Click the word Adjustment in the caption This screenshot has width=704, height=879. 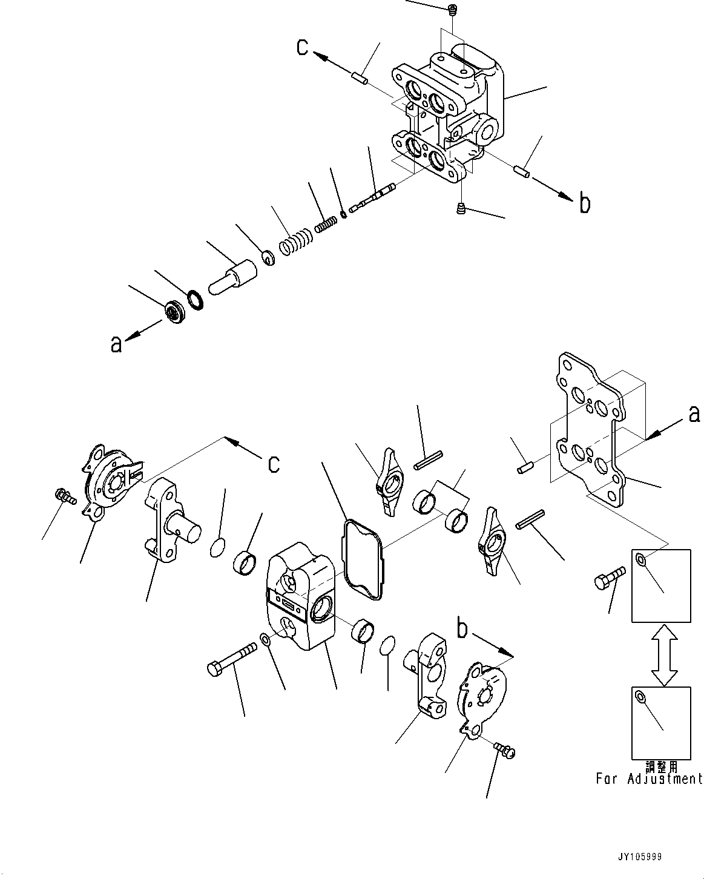(x=665, y=779)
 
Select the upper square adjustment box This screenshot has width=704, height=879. (x=661, y=585)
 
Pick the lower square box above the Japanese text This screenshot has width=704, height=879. (x=661, y=723)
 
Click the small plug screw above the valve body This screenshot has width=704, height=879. (x=452, y=9)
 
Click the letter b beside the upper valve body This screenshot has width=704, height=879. (x=584, y=204)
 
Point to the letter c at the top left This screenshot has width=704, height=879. (x=303, y=47)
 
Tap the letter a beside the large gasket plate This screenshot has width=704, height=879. (x=694, y=413)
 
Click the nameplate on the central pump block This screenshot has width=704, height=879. (x=288, y=604)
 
